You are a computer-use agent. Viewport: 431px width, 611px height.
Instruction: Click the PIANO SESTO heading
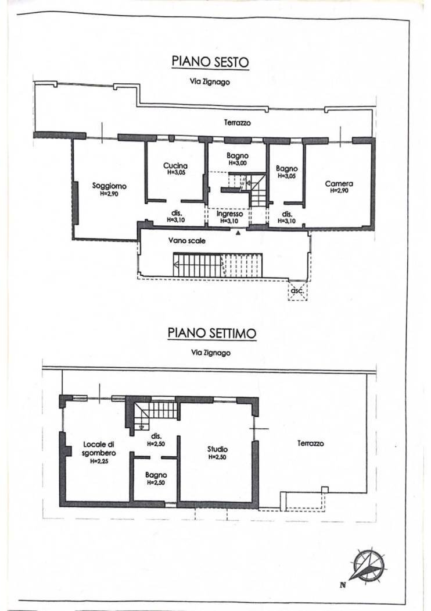tap(210, 62)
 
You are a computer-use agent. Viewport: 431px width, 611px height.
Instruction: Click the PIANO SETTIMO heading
tap(212, 333)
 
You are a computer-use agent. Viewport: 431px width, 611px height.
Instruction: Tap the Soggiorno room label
tap(109, 186)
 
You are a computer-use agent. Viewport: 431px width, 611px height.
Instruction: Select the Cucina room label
tap(175, 166)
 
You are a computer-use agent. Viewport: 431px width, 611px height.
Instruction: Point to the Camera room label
tap(339, 183)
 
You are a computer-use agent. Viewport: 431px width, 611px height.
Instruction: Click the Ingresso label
tap(229, 214)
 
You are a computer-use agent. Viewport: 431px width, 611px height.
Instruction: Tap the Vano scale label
tap(186, 241)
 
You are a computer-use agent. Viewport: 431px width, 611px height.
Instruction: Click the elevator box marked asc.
tap(297, 291)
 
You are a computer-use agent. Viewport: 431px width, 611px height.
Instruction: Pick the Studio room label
tap(217, 449)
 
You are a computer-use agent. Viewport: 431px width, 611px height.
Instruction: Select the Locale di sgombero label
tap(99, 449)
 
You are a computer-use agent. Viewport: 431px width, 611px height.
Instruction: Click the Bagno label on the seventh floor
tap(156, 475)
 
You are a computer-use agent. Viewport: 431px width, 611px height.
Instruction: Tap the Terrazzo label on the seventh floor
tap(310, 443)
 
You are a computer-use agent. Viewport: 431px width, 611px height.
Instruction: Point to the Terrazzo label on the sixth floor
tap(238, 123)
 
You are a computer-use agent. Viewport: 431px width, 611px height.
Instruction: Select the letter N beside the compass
tap(343, 584)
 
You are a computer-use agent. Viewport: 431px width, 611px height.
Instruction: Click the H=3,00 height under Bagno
tap(238, 164)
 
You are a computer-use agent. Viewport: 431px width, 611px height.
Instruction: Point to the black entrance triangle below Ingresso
tap(238, 233)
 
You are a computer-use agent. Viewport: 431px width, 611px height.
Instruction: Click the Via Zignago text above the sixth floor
tap(210, 82)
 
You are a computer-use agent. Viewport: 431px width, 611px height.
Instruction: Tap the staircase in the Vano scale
tap(218, 265)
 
